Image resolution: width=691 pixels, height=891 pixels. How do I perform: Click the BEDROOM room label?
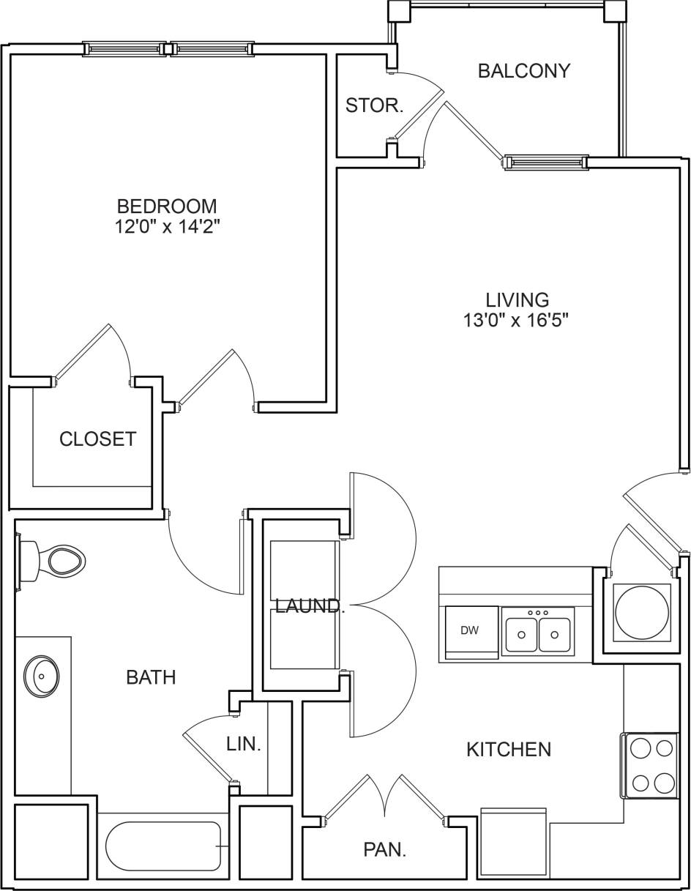click(167, 206)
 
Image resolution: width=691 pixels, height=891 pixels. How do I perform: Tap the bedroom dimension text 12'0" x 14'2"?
click(167, 226)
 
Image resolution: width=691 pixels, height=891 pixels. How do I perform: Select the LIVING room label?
click(517, 299)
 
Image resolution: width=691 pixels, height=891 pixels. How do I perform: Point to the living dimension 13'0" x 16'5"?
click(517, 320)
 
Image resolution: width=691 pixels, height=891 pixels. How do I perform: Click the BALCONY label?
click(523, 71)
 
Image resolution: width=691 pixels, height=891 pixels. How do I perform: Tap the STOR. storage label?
click(374, 105)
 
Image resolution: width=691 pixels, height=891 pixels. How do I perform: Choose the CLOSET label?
click(97, 439)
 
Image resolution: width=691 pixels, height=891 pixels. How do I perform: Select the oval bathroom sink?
click(41, 675)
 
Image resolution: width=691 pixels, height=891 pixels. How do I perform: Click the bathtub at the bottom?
click(163, 846)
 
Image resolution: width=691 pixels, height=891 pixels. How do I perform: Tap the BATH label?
click(151, 677)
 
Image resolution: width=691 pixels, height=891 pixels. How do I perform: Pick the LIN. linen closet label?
click(244, 745)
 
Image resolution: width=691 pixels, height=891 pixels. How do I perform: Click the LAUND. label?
click(309, 606)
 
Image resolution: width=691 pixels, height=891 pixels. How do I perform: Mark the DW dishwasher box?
click(470, 631)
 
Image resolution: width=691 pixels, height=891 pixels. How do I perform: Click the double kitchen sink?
click(538, 633)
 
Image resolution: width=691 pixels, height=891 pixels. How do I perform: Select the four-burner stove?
click(651, 766)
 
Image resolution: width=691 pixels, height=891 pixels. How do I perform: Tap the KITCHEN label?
click(509, 749)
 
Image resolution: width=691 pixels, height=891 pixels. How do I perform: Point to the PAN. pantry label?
click(385, 849)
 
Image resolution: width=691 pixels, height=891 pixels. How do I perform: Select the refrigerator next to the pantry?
click(513, 842)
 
